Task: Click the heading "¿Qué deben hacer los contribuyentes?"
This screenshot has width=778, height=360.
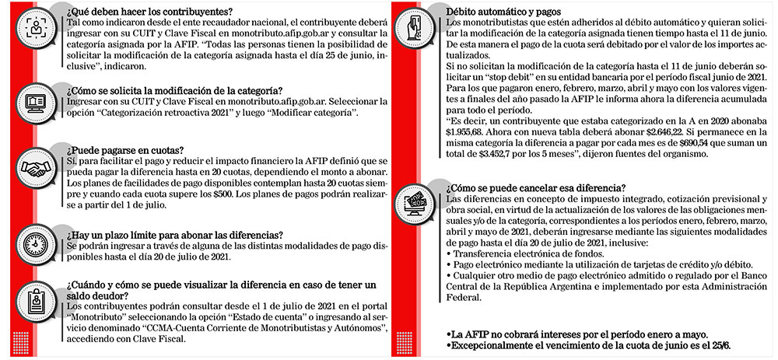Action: [x=149, y=12]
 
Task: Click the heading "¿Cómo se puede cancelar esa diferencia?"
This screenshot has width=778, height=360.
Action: [x=536, y=187]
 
